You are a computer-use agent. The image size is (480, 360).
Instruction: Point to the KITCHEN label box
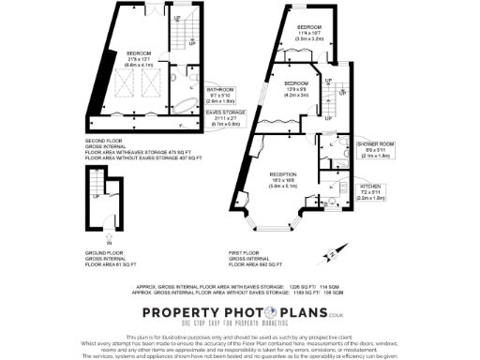(x=372, y=192)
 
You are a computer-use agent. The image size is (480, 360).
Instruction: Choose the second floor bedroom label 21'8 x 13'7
(x=139, y=57)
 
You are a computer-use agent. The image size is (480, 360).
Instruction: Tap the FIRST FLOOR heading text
(x=247, y=253)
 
